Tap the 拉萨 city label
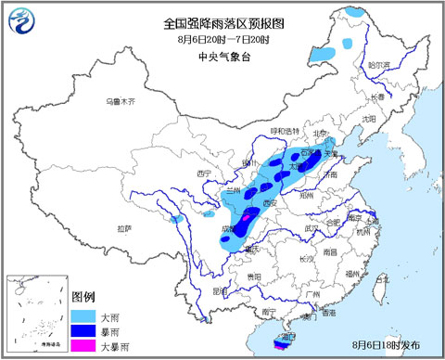click(125, 226)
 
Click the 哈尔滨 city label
click(380, 66)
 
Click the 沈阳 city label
click(370, 119)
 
